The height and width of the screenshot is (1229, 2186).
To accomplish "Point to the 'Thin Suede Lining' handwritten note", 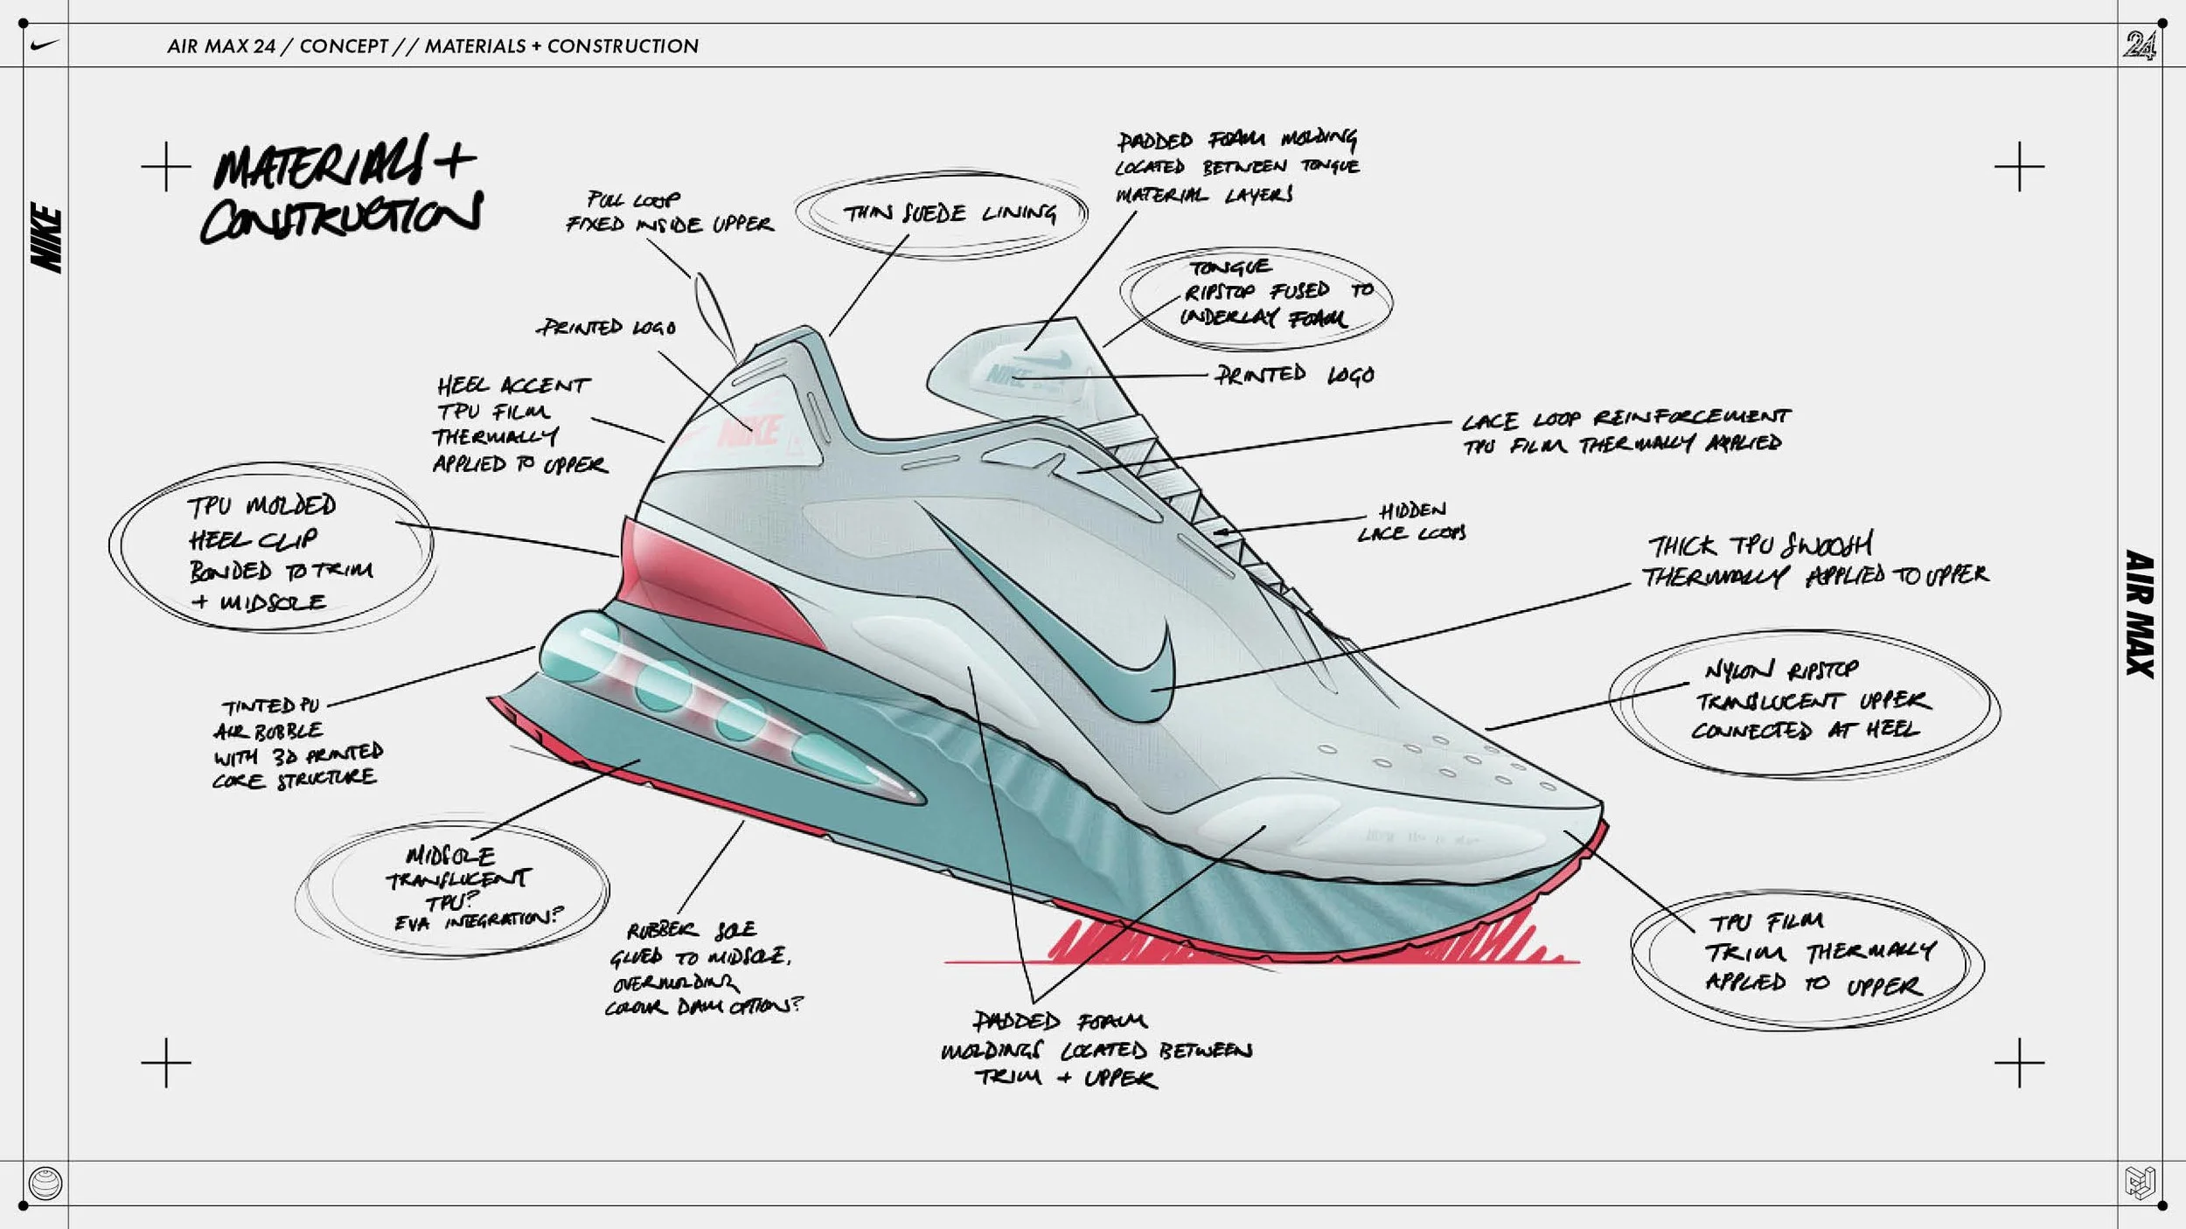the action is point(948,213).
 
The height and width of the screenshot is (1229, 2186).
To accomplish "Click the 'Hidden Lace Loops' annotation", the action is point(1411,522).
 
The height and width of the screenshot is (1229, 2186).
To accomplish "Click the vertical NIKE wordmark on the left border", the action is point(46,238).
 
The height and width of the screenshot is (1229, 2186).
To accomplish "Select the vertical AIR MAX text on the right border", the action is point(2139,614).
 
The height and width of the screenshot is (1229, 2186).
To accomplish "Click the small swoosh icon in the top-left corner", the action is point(44,45).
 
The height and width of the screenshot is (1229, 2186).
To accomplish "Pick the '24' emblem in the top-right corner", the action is point(2139,45).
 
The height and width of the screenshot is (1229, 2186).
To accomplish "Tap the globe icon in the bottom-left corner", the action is point(45,1184).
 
